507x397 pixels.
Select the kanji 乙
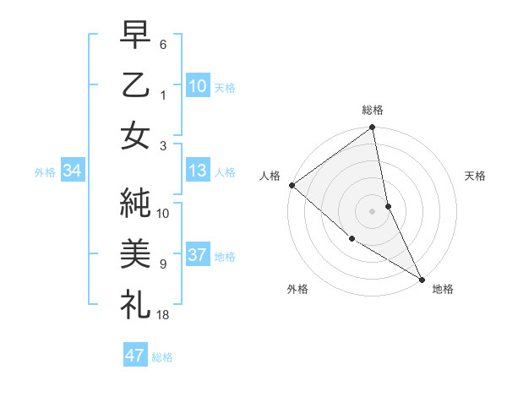pyautogui.click(x=138, y=85)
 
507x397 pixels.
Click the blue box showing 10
pyautogui.click(x=198, y=85)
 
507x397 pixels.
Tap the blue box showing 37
pyautogui.click(x=198, y=256)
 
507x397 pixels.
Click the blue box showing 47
pyautogui.click(x=135, y=356)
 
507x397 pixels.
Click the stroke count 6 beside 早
pyautogui.click(x=163, y=43)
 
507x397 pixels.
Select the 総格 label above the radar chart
pyautogui.click(x=373, y=110)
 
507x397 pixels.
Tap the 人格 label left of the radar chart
pyautogui.click(x=270, y=176)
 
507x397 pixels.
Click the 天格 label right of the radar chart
pyautogui.click(x=476, y=176)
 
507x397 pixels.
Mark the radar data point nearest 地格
pyautogui.click(x=422, y=278)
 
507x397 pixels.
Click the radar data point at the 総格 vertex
pyautogui.click(x=373, y=128)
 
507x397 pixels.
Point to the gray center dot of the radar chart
pyautogui.click(x=373, y=210)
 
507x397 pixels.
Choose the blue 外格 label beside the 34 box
pyautogui.click(x=45, y=172)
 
